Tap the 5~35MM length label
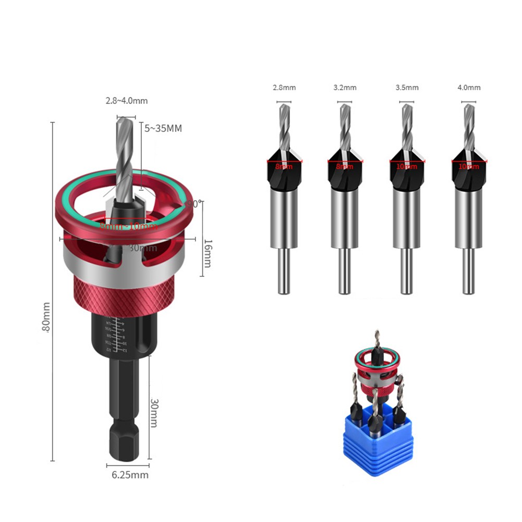point(164,128)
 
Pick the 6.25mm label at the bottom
point(130,475)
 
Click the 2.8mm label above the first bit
point(284,88)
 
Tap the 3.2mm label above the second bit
point(345,88)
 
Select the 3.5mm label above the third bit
point(407,88)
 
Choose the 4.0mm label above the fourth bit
point(468,88)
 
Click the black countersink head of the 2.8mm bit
point(284,169)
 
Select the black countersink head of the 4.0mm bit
point(468,169)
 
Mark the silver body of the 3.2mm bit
point(345,219)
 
